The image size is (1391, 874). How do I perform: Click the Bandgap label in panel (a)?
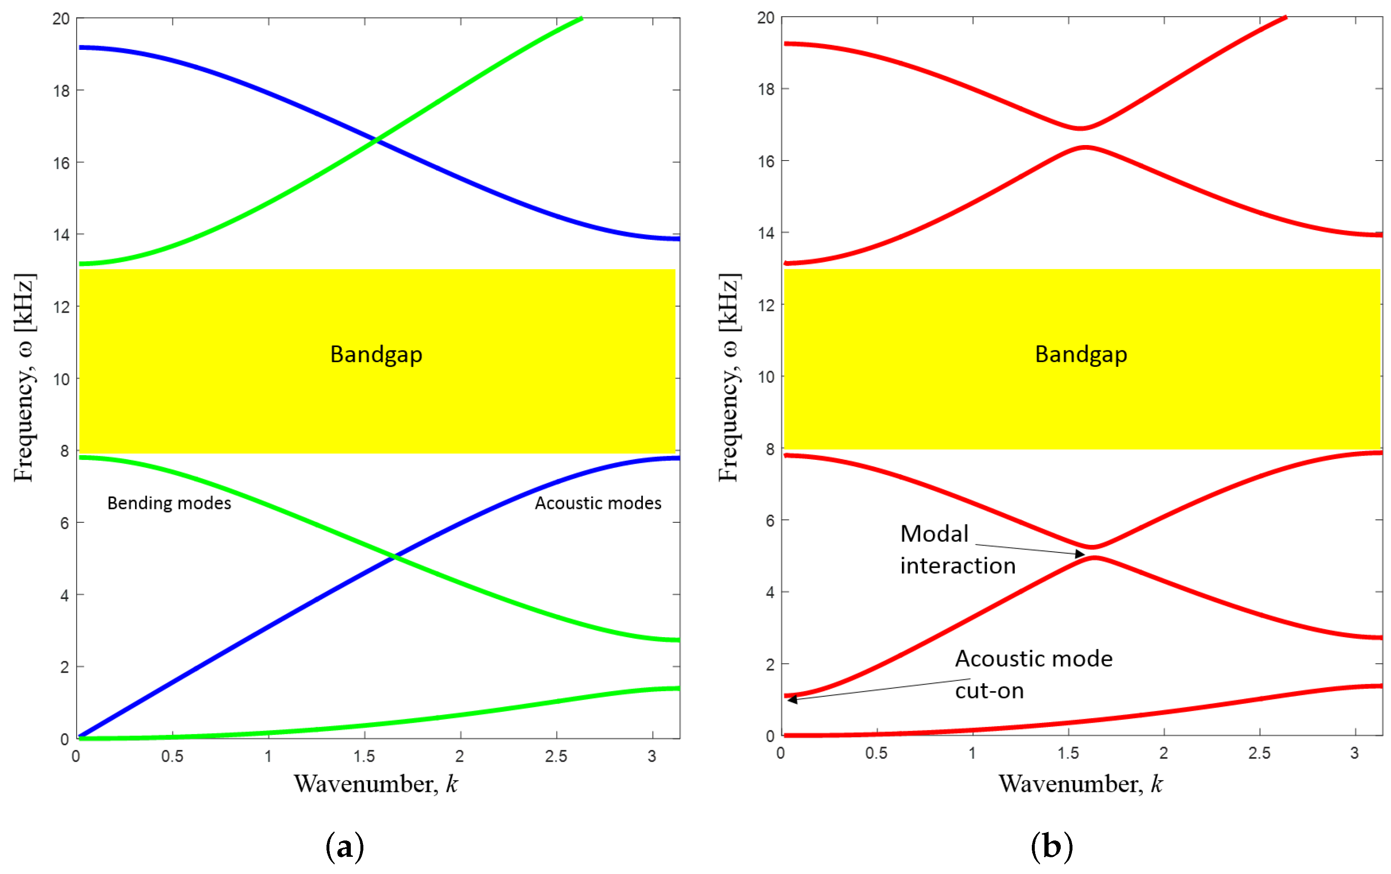376,354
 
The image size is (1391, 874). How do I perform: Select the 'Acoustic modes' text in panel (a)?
598,503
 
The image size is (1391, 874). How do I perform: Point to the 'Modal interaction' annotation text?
957,550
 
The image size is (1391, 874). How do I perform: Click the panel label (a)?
345,847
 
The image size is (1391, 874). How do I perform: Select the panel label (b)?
1052,847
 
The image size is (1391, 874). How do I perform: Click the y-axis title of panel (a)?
24,377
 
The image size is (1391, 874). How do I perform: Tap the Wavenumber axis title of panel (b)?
1080,784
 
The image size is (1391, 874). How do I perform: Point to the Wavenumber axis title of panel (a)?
376,784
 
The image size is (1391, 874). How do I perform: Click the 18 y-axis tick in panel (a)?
61,91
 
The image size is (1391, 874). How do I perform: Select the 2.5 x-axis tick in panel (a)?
556,756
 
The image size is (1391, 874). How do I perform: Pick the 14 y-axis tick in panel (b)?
766,233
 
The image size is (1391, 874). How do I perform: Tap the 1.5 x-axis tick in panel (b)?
1068,753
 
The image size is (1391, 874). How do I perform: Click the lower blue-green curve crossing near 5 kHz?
394,557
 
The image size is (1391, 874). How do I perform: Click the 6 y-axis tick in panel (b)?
769,521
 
